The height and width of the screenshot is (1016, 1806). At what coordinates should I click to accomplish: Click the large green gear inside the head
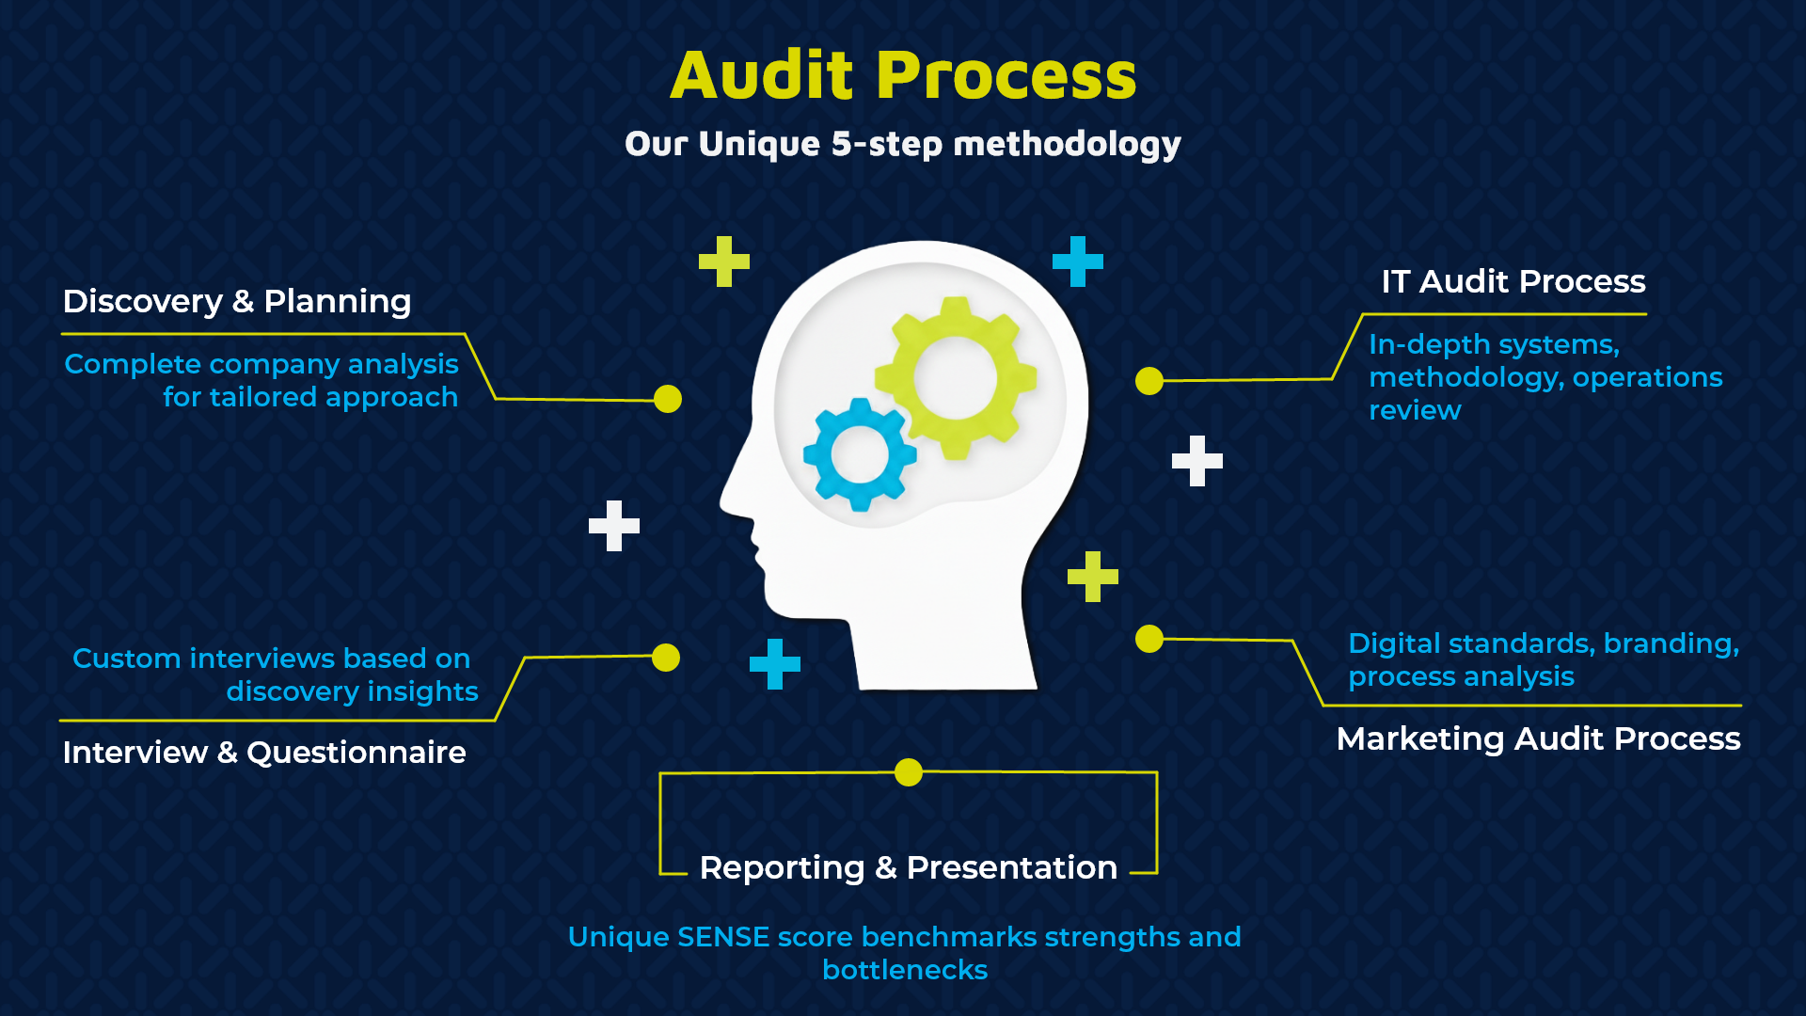(x=956, y=378)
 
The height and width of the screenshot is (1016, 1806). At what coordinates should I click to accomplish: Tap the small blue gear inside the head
(x=860, y=454)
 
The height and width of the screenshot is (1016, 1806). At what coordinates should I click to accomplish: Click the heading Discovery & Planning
(x=237, y=301)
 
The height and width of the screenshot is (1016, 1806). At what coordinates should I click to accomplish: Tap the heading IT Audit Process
(x=1513, y=281)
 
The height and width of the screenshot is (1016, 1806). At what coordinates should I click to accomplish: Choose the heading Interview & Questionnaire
(x=264, y=753)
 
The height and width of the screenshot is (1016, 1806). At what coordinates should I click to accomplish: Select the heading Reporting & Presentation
(x=908, y=867)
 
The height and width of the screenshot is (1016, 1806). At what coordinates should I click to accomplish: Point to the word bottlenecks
(x=905, y=970)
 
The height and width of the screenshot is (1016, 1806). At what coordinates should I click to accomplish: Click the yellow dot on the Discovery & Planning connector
(x=668, y=399)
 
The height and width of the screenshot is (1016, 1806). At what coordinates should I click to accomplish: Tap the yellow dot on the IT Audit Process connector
(x=1149, y=381)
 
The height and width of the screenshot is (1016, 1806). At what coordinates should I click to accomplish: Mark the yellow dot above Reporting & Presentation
(x=909, y=772)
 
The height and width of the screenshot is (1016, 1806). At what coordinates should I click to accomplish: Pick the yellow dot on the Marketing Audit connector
(x=1149, y=639)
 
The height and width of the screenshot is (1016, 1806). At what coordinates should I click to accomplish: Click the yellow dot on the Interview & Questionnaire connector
(x=666, y=658)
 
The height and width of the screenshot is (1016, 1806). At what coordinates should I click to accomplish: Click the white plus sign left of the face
(x=614, y=526)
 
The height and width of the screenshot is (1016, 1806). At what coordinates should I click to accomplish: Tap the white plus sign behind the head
(x=1197, y=461)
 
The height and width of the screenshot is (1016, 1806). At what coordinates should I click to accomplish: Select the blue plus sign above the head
(x=1078, y=262)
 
